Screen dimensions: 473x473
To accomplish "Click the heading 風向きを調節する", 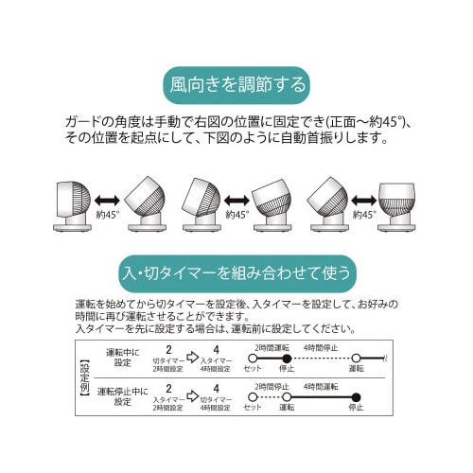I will pos(236,84).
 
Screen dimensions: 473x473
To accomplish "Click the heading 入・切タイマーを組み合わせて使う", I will pos(236,271).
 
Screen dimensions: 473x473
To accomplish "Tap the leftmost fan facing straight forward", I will pos(72,204).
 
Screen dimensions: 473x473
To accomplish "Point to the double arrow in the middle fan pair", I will pos(236,201).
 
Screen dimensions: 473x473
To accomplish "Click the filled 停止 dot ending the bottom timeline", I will pos(356,396).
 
